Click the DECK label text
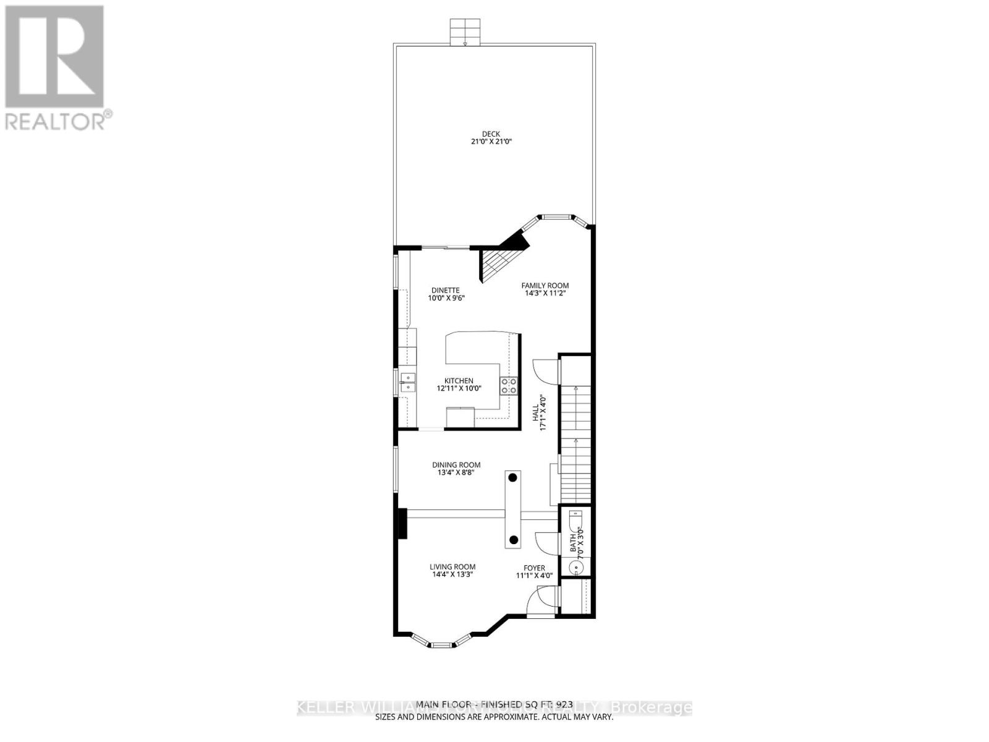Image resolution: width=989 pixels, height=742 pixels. click(491, 134)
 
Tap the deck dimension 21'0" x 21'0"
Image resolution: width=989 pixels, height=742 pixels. click(491, 142)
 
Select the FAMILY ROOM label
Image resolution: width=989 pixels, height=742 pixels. click(545, 286)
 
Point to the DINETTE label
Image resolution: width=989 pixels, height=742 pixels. click(445, 290)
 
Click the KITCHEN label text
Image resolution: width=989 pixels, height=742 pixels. click(459, 381)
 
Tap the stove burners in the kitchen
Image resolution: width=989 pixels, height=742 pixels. click(509, 386)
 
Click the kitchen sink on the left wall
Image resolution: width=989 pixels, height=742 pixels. click(407, 383)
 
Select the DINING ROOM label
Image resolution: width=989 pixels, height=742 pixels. click(456, 465)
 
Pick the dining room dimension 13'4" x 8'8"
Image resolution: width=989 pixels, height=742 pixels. click(456, 473)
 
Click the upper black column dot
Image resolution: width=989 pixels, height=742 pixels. click(513, 477)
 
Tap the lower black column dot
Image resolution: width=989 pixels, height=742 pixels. click(513, 540)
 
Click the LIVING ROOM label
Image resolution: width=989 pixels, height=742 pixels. click(452, 566)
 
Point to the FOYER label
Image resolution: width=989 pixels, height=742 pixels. click(535, 568)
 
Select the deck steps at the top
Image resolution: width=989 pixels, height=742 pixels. click(465, 32)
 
